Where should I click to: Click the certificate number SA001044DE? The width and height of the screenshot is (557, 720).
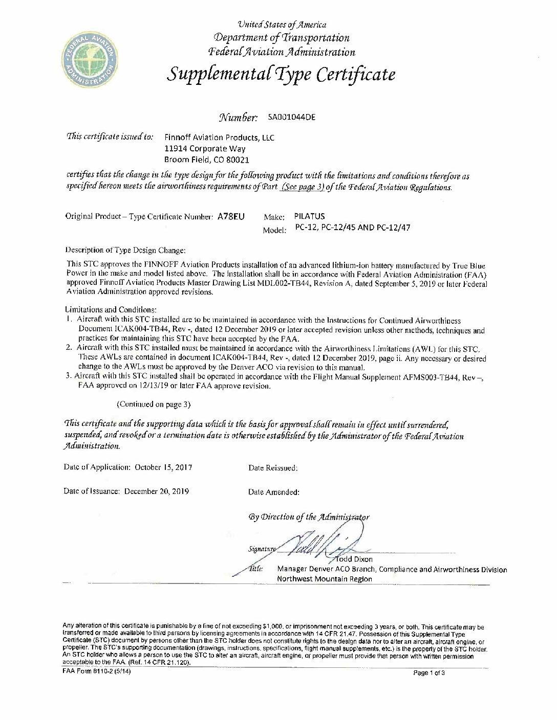[291, 117]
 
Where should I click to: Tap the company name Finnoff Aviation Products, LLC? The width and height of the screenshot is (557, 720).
[219, 138]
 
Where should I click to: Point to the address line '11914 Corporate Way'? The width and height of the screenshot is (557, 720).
[204, 149]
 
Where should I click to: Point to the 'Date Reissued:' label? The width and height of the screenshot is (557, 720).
[273, 467]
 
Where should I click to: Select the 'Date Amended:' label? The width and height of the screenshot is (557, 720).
[274, 492]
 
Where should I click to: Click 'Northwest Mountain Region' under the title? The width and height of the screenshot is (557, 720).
[325, 579]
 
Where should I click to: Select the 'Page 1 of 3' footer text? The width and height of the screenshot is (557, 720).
[429, 673]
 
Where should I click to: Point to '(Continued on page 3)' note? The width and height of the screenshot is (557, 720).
[154, 404]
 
